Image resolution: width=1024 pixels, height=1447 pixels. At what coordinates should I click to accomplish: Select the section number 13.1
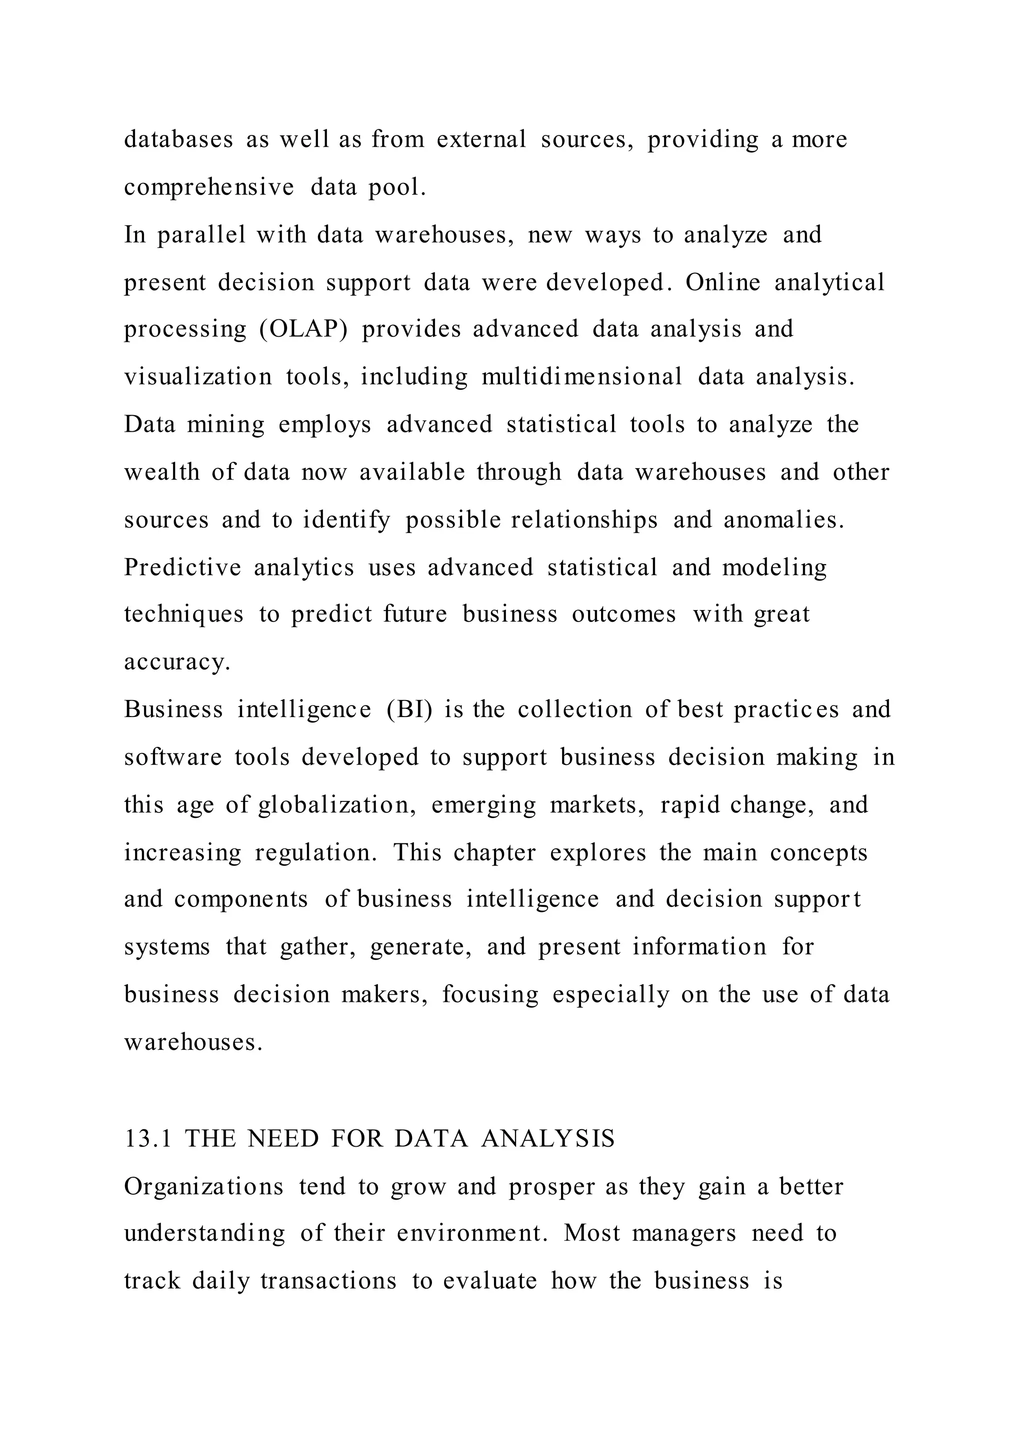[x=147, y=1139]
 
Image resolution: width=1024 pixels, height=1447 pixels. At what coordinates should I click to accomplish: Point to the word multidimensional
[x=581, y=377]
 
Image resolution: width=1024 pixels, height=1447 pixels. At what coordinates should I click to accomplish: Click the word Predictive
[x=182, y=567]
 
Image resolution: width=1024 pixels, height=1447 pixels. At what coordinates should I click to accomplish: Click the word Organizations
[x=203, y=1187]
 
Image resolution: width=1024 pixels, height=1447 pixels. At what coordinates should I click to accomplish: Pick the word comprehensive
[x=208, y=187]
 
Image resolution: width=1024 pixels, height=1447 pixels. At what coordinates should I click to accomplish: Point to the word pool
[x=397, y=187]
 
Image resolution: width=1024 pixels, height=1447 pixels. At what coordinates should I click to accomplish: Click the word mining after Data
[x=225, y=424]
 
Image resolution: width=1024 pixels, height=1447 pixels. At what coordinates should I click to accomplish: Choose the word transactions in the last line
[x=328, y=1281]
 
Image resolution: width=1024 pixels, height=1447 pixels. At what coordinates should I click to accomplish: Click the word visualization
[x=197, y=377]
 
